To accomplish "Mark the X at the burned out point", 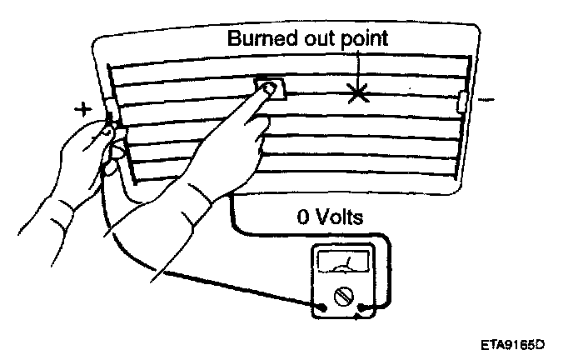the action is coord(358,92).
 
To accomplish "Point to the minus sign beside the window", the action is coord(488,102).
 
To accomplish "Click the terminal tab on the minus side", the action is coord(463,103).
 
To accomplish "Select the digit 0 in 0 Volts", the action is coord(303,219).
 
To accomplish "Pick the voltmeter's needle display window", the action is coord(344,263).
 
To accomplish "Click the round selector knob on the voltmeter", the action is coord(343,296).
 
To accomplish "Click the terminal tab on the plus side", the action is coord(110,112).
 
